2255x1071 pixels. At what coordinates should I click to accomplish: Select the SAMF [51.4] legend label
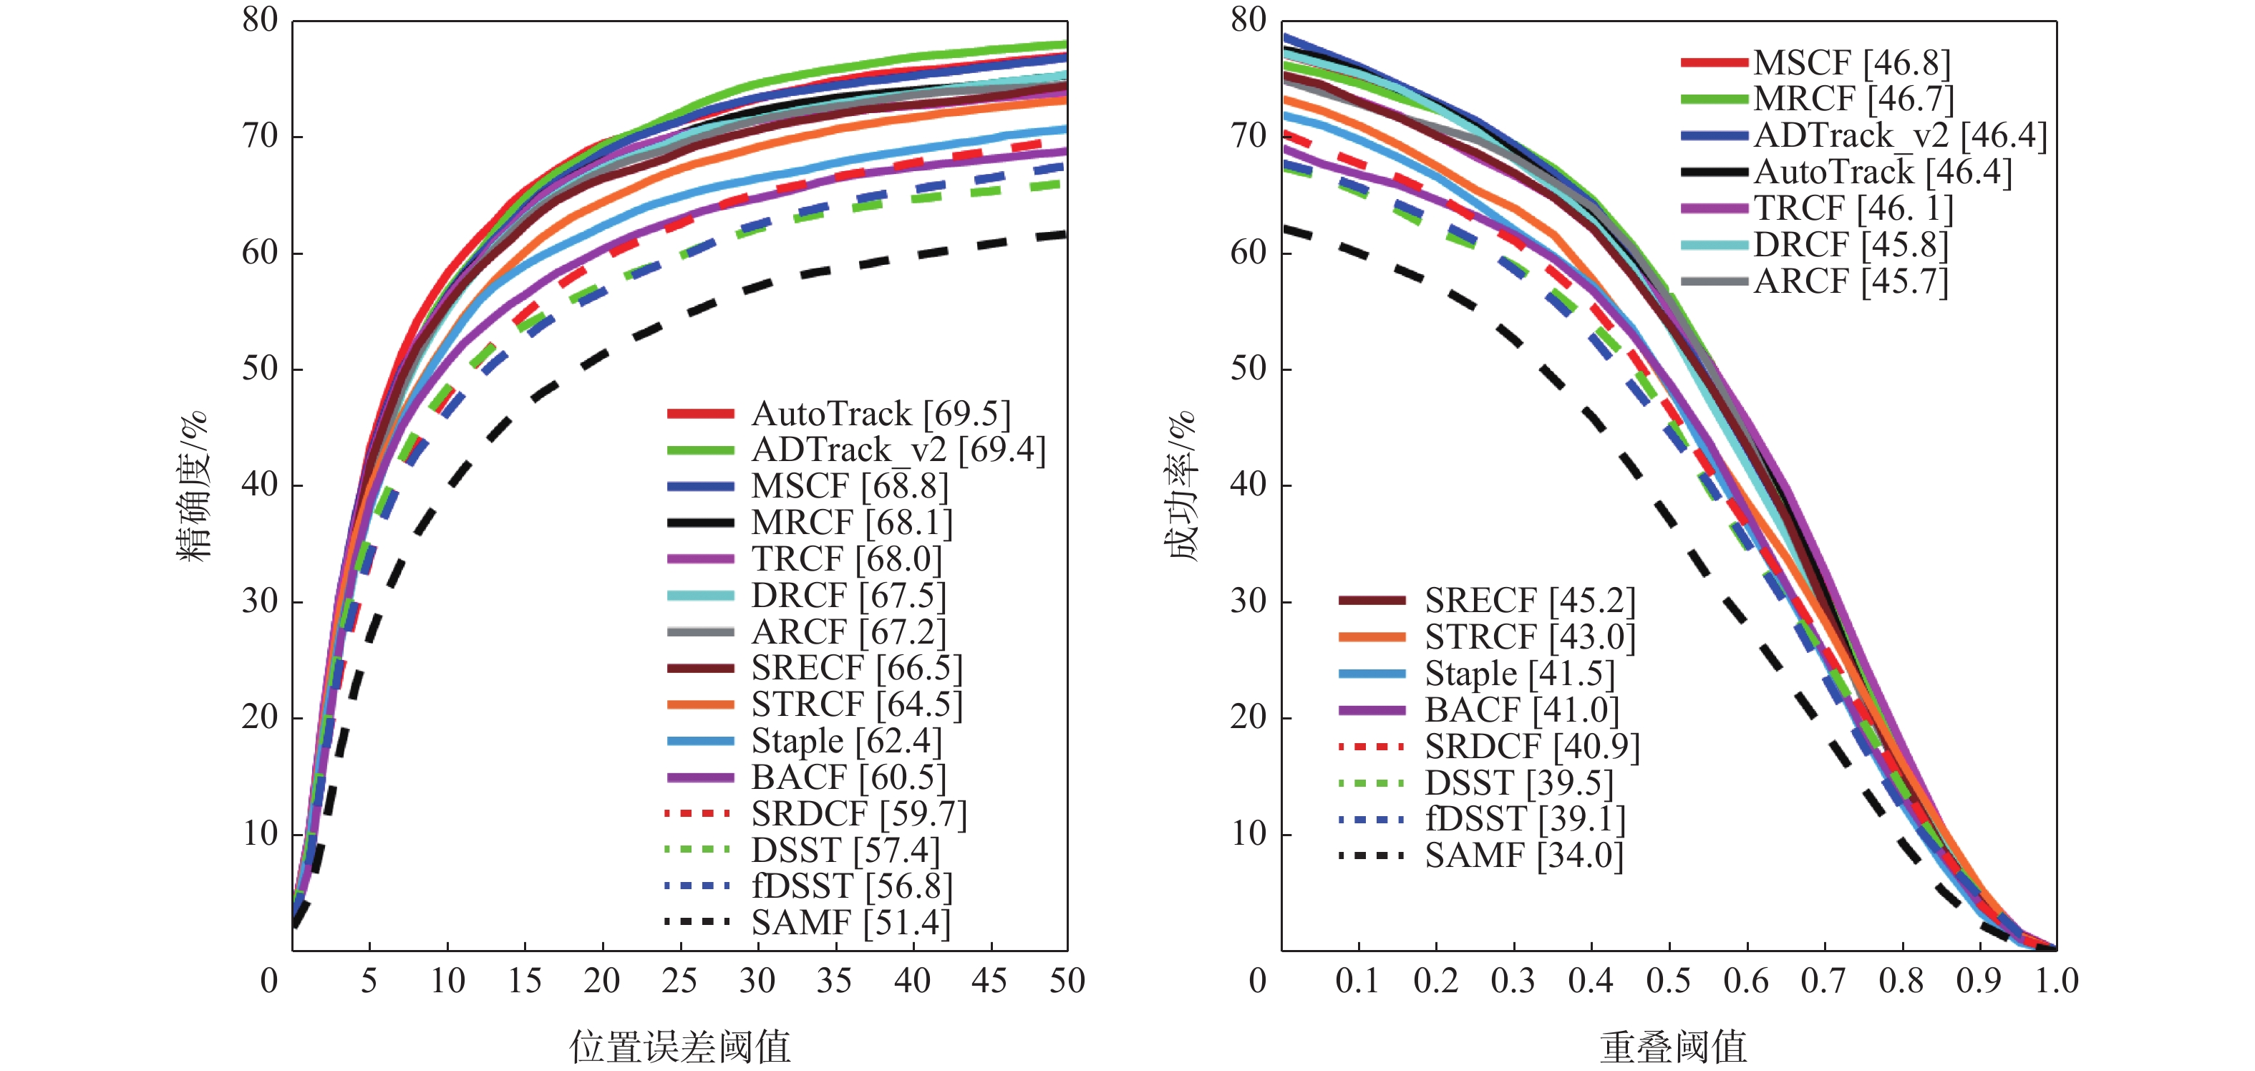850,923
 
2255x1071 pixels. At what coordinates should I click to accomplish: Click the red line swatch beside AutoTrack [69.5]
700,413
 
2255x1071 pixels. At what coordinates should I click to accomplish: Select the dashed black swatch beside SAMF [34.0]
1371,856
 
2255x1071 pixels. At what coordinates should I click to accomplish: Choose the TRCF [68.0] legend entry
845,558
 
